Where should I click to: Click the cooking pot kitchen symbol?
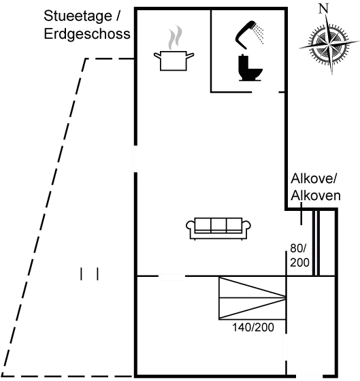coord(174,61)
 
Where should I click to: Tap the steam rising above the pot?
coord(175,37)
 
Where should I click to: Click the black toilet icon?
coord(250,67)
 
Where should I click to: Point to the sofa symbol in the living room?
coord(218,229)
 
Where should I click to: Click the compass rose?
coord(329,45)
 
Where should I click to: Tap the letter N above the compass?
coord(323,8)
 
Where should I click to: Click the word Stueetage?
coord(78,16)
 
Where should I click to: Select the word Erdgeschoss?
coord(87,33)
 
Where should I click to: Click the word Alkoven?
coord(316,195)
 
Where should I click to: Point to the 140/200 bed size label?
coord(253,327)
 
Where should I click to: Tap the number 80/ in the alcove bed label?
coord(298,248)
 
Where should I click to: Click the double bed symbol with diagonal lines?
coord(252,298)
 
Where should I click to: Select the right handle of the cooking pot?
coord(190,55)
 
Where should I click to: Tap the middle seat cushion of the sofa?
coord(218,225)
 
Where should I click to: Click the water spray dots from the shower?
coord(258,35)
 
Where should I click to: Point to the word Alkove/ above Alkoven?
coord(314,178)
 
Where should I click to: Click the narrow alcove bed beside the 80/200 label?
coord(316,242)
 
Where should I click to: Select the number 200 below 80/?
coord(299,263)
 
